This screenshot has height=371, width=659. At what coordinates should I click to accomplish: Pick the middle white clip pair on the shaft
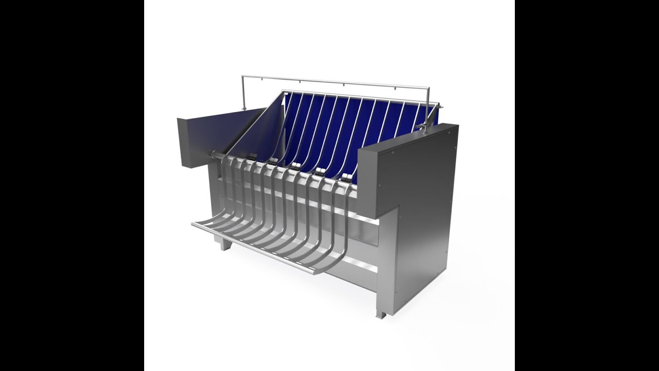coord(295,166)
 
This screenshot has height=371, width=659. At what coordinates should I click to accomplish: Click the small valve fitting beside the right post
coord(423,126)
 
